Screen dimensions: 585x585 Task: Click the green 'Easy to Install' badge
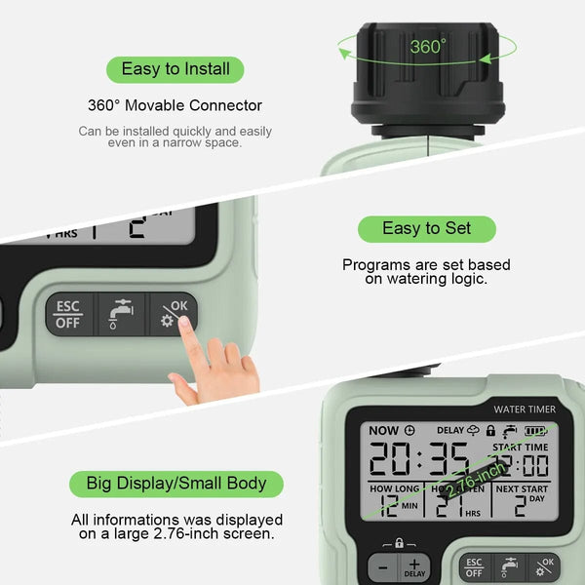[175, 69]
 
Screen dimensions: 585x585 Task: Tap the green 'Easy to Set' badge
[426, 228]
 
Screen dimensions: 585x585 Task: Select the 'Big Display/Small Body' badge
[175, 484]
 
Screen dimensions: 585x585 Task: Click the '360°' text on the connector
[427, 46]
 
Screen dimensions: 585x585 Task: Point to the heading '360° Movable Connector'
[175, 105]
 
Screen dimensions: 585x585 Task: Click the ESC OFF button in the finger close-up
[69, 314]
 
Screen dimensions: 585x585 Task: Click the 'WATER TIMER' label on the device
[524, 409]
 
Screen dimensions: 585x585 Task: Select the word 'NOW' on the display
[383, 430]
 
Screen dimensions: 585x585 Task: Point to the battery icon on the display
[534, 430]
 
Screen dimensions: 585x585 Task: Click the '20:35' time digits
[419, 457]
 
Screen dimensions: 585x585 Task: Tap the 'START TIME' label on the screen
[520, 448]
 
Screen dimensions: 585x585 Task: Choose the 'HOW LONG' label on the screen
[395, 487]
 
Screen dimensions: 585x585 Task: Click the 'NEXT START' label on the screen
[522, 487]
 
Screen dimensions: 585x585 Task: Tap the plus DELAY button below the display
[414, 567]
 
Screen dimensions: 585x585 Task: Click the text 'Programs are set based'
[426, 264]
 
